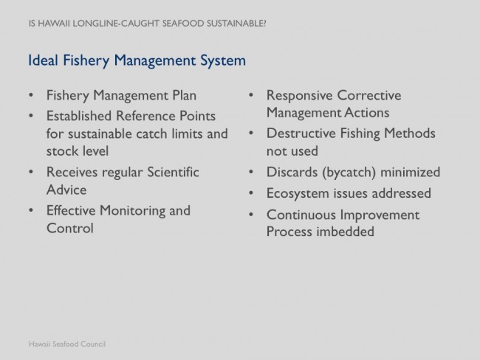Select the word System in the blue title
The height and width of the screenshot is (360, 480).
coord(223,60)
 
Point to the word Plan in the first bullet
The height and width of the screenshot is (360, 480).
coord(185,95)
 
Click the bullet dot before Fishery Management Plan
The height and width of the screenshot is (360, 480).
coord(31,95)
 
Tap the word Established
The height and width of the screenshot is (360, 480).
coord(79,116)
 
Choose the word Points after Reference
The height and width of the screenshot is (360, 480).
coord(197,116)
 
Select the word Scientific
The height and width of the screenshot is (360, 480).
coord(173,172)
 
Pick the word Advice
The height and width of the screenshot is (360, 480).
coord(66,190)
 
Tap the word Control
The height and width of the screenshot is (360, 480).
coord(70,228)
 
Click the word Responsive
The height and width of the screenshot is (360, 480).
coord(299,95)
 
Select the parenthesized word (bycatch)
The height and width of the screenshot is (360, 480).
coord(349,172)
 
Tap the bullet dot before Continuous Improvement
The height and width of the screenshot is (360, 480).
coord(251,215)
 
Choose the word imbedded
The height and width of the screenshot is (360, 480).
coord(345,231)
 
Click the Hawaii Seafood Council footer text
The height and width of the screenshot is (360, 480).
coord(67,344)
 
